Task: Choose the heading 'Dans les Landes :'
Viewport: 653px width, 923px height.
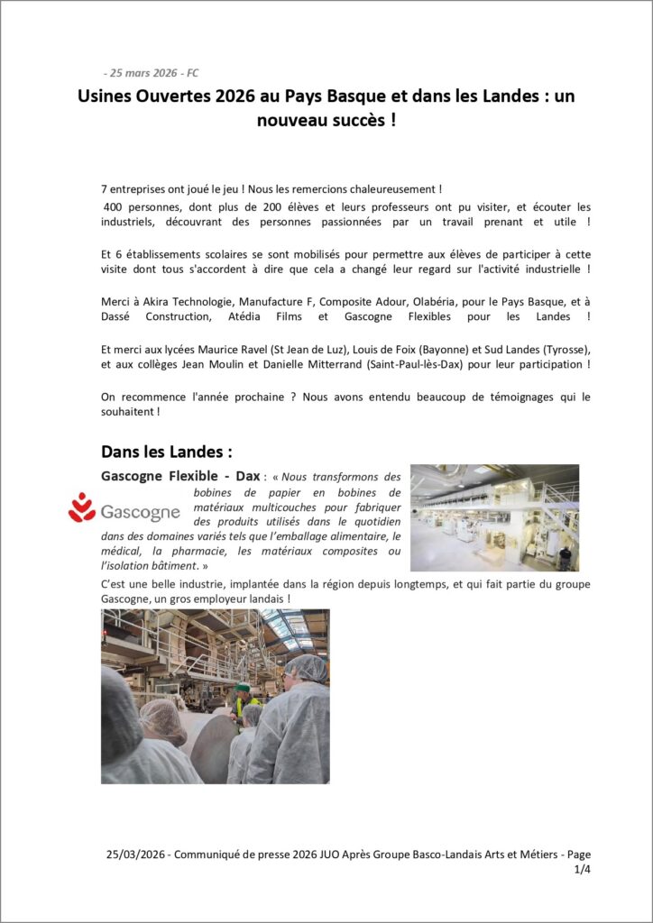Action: click(167, 450)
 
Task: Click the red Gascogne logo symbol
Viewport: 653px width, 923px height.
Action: click(82, 507)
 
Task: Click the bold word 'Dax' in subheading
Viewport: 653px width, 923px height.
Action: click(247, 475)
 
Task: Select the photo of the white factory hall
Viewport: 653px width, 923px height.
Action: click(494, 517)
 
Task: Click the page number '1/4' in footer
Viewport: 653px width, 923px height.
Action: click(582, 870)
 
